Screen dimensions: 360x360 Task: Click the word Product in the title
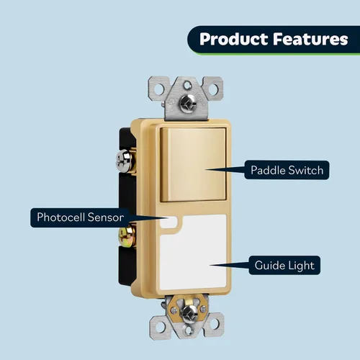click(x=233, y=39)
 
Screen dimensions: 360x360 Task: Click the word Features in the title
click(x=310, y=39)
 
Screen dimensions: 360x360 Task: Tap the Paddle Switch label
click(x=287, y=170)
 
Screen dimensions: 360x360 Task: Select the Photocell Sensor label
click(x=80, y=217)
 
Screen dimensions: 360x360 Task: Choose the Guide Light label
click(x=284, y=265)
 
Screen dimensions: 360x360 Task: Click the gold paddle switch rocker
click(x=193, y=165)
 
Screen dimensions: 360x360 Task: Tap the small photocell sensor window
click(x=168, y=222)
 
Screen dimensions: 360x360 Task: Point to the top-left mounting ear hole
click(x=159, y=89)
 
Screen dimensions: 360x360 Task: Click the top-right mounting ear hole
click(x=213, y=89)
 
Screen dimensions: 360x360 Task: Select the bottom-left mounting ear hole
click(x=161, y=326)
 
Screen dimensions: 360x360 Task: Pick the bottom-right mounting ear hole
click(x=215, y=324)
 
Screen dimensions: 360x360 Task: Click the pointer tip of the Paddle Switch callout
click(x=206, y=170)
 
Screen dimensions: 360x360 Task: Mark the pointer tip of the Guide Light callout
click(x=210, y=265)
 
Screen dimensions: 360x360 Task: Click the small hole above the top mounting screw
click(x=186, y=85)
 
